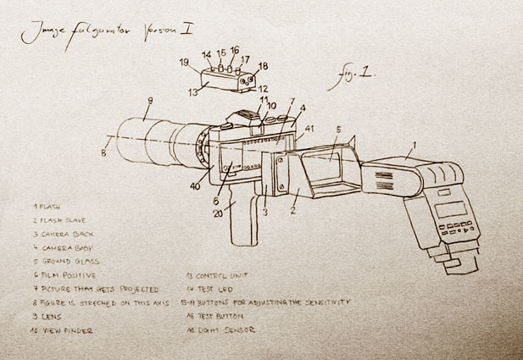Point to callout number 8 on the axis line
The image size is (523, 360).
point(103,154)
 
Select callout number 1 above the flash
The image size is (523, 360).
point(415,145)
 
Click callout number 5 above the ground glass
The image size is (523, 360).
point(337,131)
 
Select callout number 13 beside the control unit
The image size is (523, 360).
point(192,91)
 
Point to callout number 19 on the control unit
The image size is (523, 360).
point(183,62)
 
